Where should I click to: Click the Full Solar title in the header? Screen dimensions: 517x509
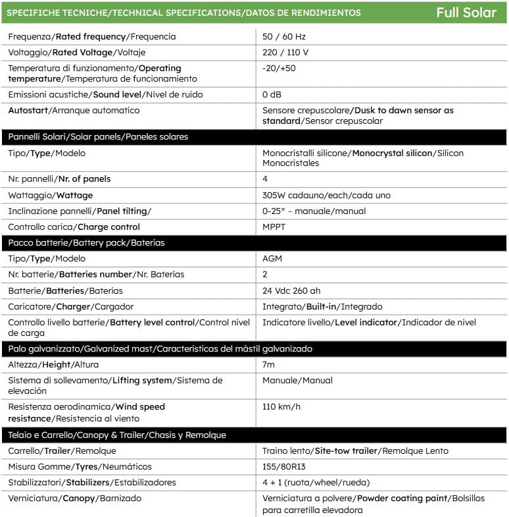466,13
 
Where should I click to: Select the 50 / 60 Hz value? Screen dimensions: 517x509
284,37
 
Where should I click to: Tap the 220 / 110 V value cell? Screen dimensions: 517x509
285,53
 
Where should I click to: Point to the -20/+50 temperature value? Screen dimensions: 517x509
279,68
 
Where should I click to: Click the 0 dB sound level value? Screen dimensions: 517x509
272,95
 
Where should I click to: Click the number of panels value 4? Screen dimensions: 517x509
266,179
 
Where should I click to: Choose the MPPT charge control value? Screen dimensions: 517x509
274,227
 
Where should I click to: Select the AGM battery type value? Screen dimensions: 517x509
272,259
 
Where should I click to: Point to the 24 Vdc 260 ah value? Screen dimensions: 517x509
292,290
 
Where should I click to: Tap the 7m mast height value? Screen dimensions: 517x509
268,364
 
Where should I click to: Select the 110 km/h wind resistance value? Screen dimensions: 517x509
281,407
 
